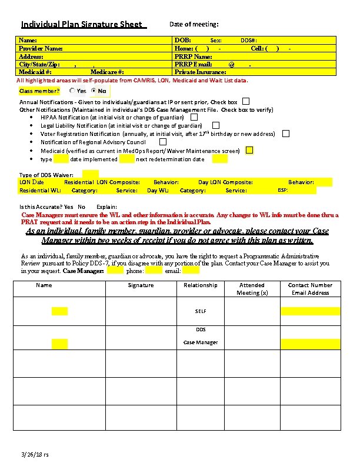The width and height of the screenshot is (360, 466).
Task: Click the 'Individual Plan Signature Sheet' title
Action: (81, 25)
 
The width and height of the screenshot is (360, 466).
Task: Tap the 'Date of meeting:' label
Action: (194, 24)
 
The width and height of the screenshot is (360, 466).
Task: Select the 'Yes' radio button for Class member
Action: (72, 91)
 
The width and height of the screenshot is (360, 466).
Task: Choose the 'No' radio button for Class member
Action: (94, 91)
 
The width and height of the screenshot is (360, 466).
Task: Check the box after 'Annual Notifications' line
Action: (246, 101)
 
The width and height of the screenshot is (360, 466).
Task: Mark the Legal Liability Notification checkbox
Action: (216, 125)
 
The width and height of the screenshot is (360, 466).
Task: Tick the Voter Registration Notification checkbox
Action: (286, 134)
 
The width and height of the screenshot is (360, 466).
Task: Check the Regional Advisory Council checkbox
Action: (163, 142)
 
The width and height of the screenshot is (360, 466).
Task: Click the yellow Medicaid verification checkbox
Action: (249, 151)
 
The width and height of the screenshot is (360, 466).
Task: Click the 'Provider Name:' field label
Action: (41, 48)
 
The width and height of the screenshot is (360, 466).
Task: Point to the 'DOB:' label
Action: (182, 40)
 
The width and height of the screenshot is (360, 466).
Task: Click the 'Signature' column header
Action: (141, 285)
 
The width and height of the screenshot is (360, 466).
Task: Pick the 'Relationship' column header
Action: (200, 285)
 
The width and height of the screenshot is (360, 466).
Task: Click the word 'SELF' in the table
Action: (201, 311)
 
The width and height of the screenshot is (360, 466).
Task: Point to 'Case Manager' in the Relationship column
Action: (201, 342)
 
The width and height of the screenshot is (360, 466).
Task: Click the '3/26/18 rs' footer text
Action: (35, 455)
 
